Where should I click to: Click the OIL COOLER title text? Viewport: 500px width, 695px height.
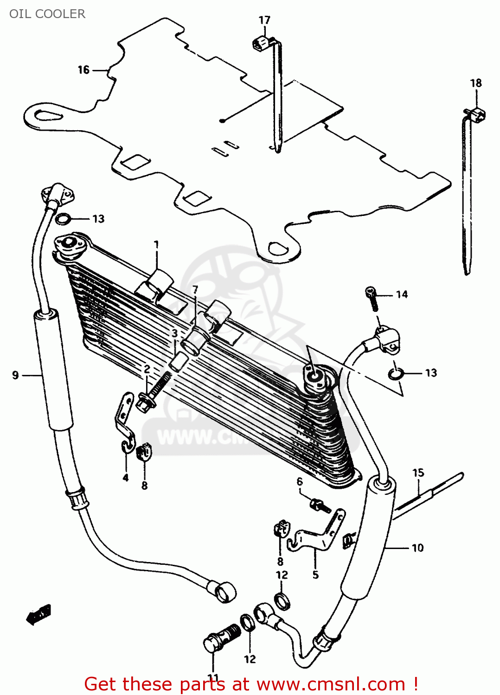[x=47, y=14]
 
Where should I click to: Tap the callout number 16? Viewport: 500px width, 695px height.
[x=83, y=70]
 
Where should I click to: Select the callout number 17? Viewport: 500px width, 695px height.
[x=264, y=20]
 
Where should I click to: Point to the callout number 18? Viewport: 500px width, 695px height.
[x=476, y=83]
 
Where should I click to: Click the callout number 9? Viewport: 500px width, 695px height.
[x=15, y=375]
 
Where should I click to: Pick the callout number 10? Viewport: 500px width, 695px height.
[x=417, y=548]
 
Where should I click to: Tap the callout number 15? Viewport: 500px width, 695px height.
[x=418, y=473]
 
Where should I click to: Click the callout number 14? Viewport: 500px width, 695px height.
[x=402, y=295]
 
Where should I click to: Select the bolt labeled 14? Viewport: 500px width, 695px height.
[x=372, y=299]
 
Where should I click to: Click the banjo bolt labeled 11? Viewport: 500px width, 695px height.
[x=220, y=637]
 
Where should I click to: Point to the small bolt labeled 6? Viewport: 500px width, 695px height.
[x=320, y=505]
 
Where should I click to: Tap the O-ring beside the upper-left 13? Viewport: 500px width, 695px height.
[x=62, y=218]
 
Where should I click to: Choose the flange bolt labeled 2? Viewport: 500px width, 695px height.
[x=152, y=393]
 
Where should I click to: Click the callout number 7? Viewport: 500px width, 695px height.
[x=195, y=290]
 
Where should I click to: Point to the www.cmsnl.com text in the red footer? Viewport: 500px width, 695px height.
[x=331, y=684]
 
